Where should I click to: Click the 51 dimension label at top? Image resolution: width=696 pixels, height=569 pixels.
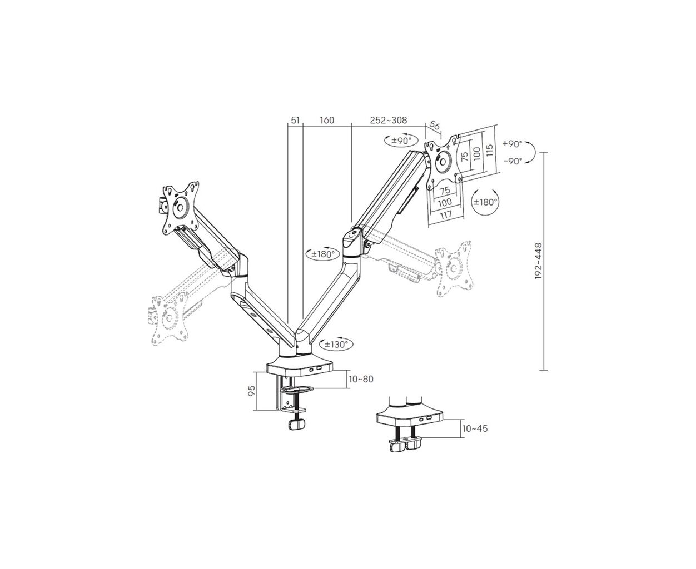pos(295,120)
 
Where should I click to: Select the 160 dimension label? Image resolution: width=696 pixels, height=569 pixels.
pos(327,120)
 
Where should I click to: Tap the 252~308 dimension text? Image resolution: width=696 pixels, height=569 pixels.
pos(388,120)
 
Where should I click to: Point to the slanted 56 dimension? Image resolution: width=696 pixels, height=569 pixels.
pos(435,126)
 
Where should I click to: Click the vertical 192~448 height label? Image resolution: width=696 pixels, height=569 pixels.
pos(538,261)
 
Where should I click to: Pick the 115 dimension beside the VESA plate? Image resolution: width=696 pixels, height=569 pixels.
pos(489,150)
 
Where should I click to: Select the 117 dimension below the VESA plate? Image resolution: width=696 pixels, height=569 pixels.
pos(445,214)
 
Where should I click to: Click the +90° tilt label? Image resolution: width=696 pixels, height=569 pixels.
pos(512,144)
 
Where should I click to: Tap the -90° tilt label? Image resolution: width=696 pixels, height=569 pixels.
pos(513,161)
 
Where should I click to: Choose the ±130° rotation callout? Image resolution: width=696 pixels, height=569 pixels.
pos(336,345)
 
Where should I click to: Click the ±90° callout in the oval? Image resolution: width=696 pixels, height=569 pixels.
pos(401,141)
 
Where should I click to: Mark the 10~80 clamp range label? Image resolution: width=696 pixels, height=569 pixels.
pos(361,379)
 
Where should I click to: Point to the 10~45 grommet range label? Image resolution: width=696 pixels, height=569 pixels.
pos(475,428)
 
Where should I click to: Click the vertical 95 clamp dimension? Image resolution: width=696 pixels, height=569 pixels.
pos(251,391)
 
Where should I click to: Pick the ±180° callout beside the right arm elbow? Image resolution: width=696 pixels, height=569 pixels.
pos(323,254)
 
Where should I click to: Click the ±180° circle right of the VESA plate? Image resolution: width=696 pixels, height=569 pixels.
pos(485,202)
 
